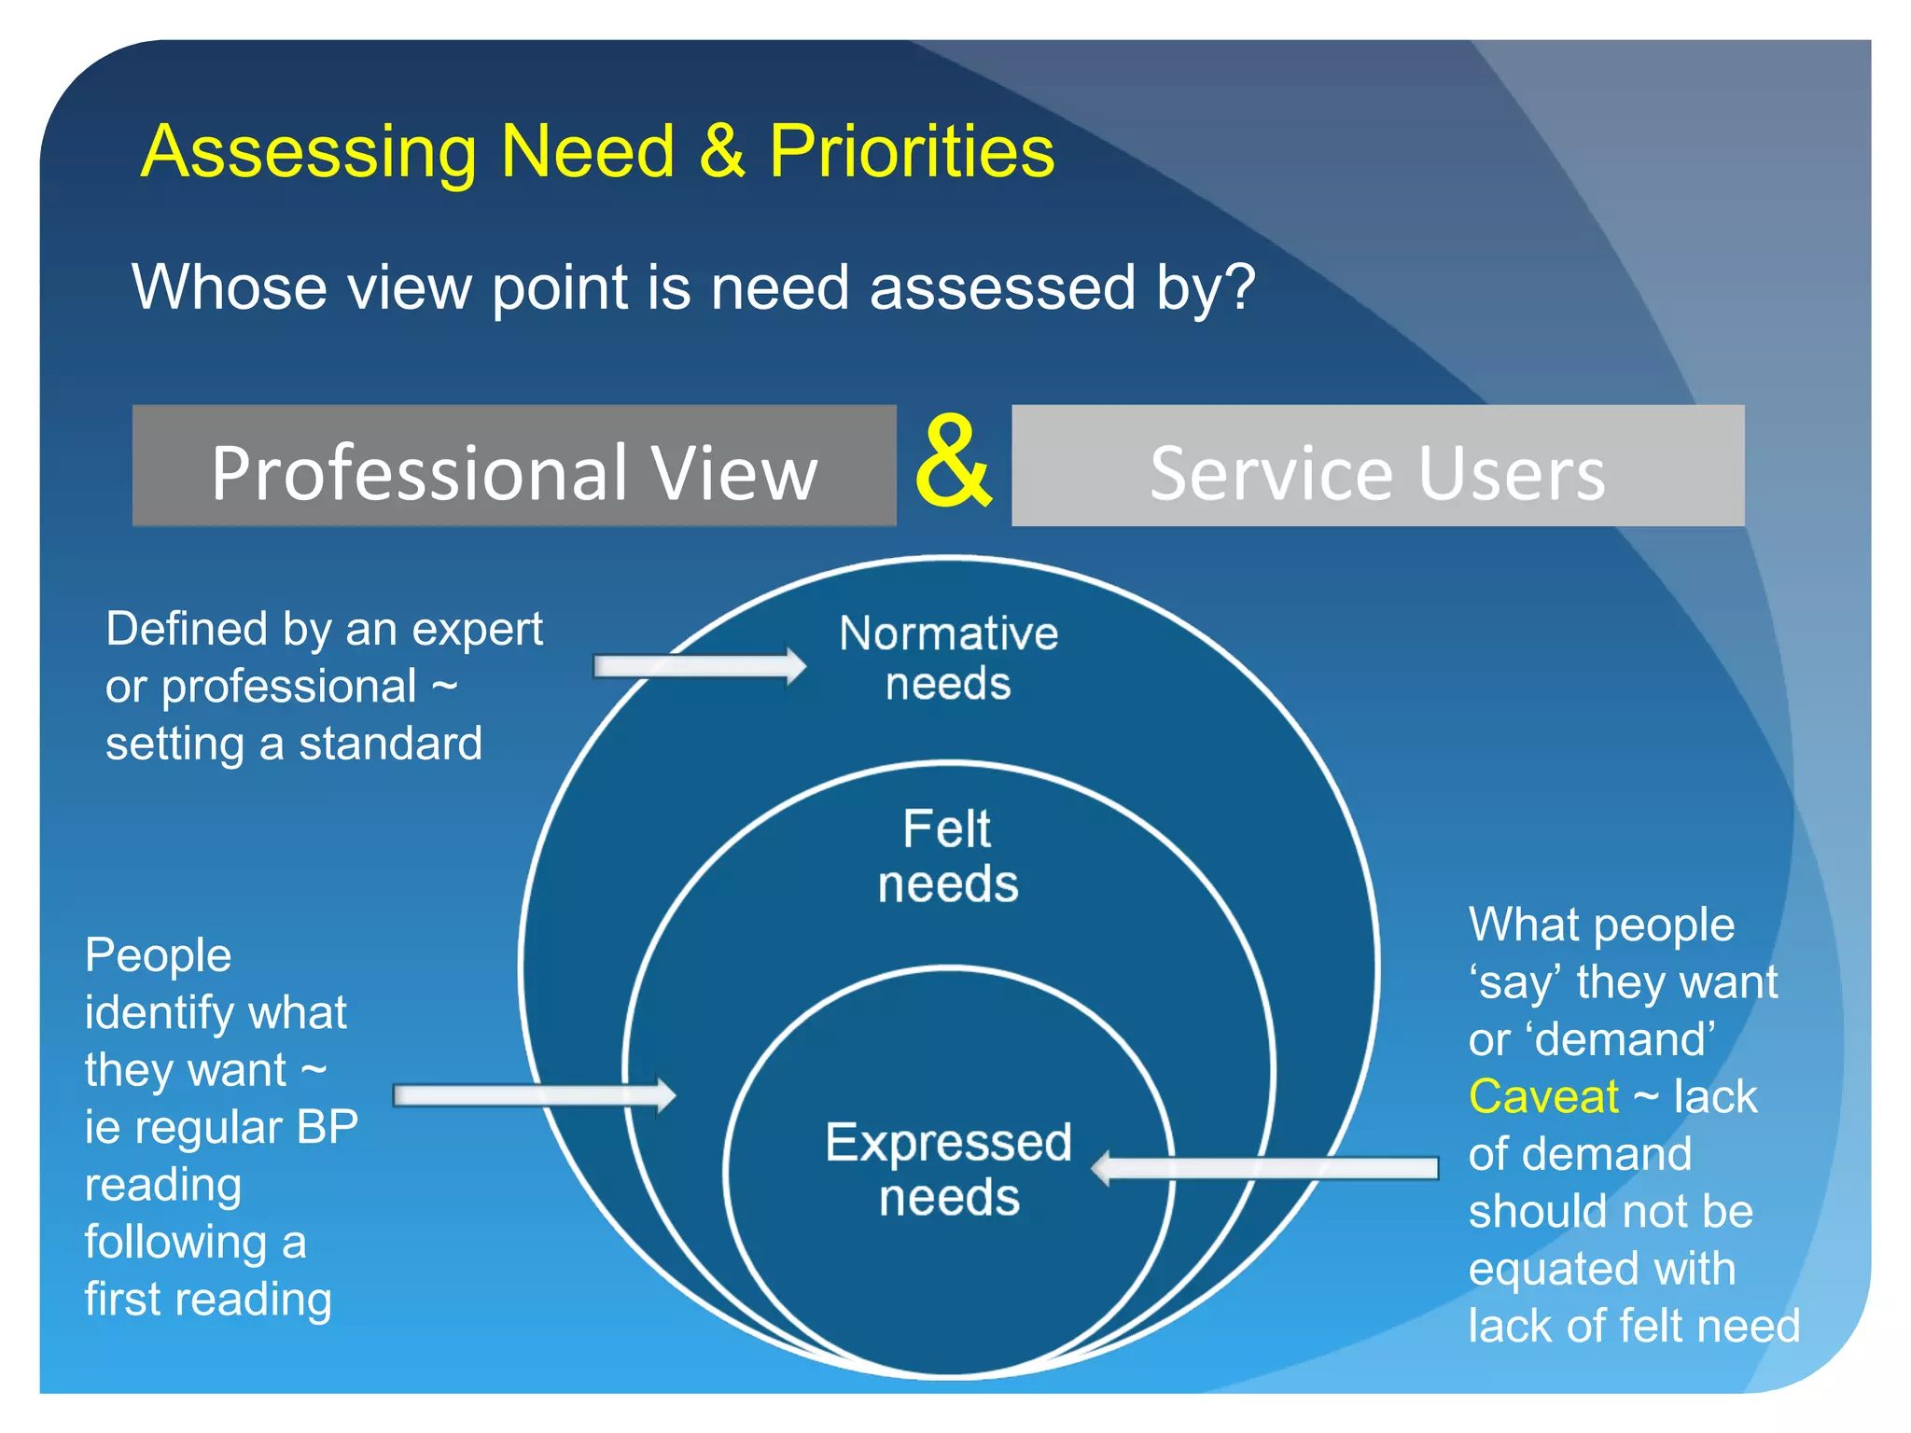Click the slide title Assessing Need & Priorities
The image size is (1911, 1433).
597,151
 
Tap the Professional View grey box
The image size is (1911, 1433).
514,466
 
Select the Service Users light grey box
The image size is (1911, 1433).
1377,466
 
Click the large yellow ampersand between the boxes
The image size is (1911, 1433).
953,463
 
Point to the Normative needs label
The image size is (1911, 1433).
948,658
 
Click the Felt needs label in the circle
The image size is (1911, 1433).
948,856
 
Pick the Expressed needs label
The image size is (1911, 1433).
948,1169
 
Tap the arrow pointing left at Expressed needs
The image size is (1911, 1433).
1264,1168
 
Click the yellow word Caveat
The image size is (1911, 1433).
1543,1097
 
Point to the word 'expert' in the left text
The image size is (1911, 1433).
477,630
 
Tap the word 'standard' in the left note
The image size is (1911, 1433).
390,744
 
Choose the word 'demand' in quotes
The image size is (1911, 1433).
1624,1039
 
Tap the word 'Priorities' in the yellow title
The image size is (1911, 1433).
912,151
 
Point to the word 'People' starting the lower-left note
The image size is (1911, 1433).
158,955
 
